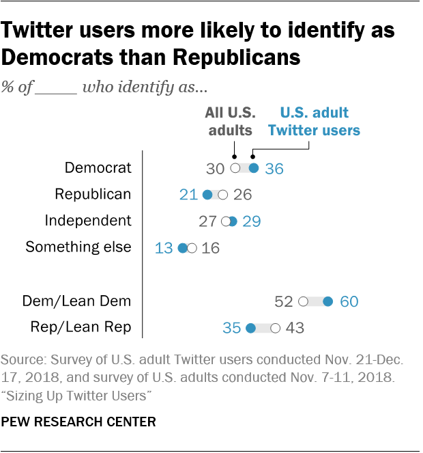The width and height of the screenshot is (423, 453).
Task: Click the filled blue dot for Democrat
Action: tap(254, 168)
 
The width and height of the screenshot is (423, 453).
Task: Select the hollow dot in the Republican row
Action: tap(222, 195)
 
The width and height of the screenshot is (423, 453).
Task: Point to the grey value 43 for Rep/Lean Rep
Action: tap(294, 328)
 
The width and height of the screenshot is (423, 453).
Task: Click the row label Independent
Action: tap(87, 221)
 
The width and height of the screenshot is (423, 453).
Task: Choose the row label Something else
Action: tap(78, 247)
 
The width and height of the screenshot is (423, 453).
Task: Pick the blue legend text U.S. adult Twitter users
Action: tap(314, 122)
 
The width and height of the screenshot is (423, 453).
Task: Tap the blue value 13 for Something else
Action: tap(164, 248)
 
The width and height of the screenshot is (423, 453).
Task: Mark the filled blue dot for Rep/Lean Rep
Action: tap(250, 328)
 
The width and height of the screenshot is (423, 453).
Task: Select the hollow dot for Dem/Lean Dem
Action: tap(304, 301)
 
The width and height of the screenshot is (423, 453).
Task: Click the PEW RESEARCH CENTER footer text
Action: tap(78, 422)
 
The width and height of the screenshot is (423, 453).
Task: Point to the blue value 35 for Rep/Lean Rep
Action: tap(231, 328)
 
